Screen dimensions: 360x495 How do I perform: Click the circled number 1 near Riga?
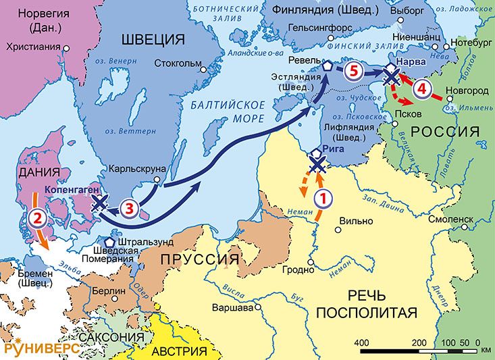pos(323,198)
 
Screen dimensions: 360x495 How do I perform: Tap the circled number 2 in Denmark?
pos(38,217)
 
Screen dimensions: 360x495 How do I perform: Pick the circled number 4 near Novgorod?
pos(421,88)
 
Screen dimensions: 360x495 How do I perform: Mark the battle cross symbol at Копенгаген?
pos(100,203)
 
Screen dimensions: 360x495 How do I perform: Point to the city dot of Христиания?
pos(67,48)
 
